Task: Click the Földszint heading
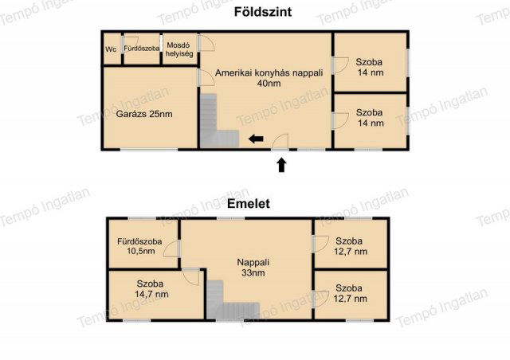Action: point(263,12)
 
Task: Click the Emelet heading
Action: point(248,204)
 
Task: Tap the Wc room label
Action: point(111,49)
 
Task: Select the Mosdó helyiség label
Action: point(178,49)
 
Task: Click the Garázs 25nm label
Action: point(144,114)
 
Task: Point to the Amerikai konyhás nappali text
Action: point(269,72)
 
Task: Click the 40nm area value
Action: point(269,84)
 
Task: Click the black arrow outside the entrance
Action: point(281,165)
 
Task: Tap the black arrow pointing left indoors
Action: point(256,139)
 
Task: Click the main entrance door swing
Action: point(280,142)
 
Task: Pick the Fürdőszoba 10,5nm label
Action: point(140,246)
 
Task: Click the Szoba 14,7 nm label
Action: point(151,289)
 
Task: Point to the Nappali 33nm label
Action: point(253,268)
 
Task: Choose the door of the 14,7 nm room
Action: point(191,277)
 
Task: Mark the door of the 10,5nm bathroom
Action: point(172,249)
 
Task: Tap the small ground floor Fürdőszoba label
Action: point(142,49)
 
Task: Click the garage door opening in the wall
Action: point(149,150)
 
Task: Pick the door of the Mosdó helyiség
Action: point(206,43)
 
